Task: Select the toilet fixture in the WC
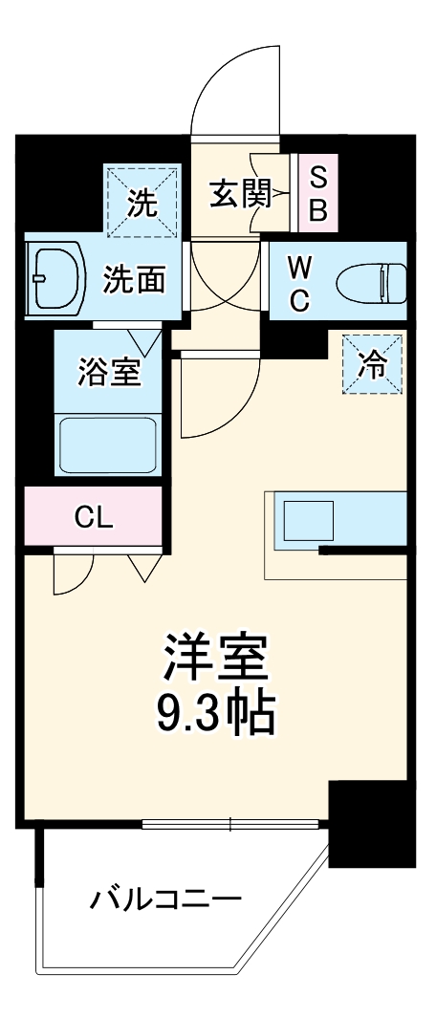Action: tap(372, 282)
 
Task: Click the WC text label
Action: tap(299, 282)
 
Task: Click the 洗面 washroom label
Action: tap(134, 280)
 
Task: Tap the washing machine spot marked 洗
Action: tap(142, 202)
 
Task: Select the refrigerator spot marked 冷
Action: tap(373, 363)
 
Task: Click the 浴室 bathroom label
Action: tap(110, 371)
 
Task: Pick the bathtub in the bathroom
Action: tap(108, 444)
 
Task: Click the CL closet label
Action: tap(94, 518)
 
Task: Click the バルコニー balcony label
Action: tap(165, 899)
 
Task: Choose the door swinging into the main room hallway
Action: tap(215, 392)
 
